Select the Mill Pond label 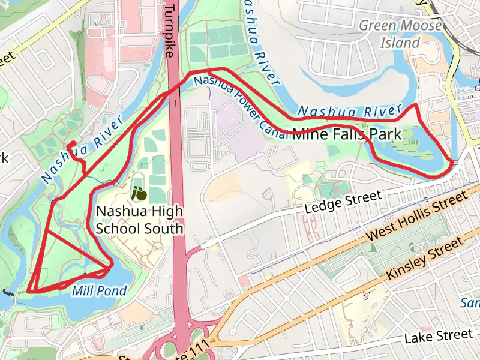click(99, 291)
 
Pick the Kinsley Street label click(425, 257)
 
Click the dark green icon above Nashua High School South click(139, 194)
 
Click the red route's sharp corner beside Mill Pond click(112, 264)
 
